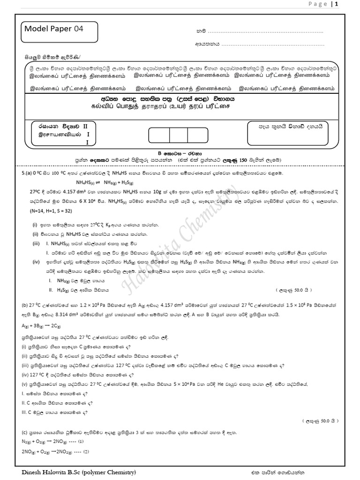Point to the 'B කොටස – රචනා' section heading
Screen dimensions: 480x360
pyautogui.click(x=180, y=153)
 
